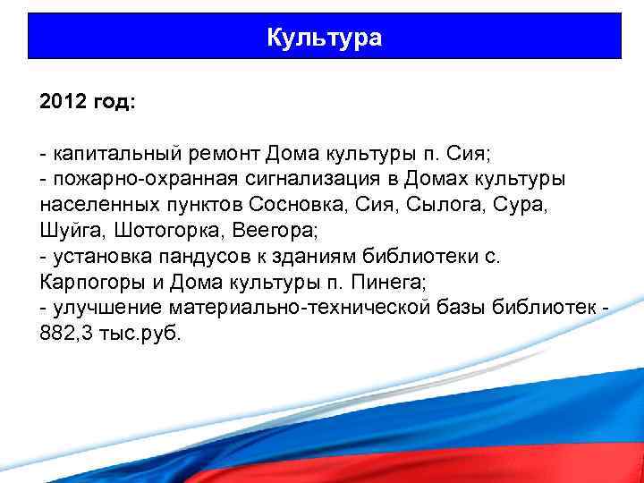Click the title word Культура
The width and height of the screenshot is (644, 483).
point(325,38)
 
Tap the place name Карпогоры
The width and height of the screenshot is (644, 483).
point(85,283)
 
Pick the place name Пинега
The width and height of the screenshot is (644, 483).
point(393,283)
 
